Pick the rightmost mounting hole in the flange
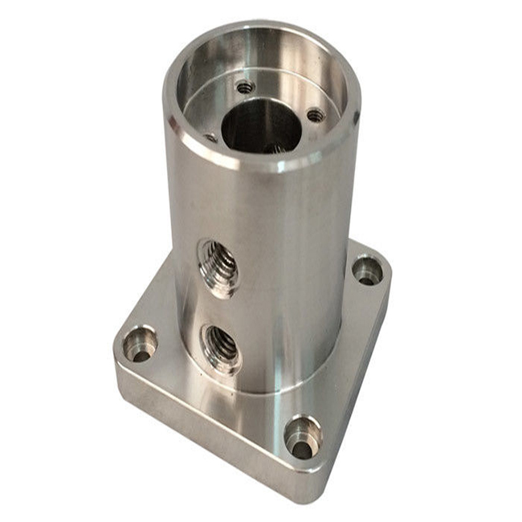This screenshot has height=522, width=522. (368, 271)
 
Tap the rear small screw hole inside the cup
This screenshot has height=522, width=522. (245, 86)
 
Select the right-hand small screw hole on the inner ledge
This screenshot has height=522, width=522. (316, 116)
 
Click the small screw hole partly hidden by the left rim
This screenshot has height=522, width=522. (210, 137)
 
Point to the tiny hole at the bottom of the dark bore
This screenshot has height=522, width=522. (273, 148)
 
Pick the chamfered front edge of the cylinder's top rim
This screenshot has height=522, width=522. (257, 165)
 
